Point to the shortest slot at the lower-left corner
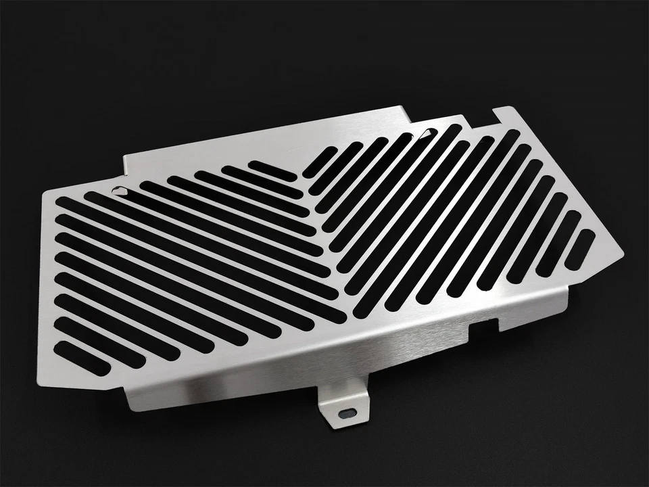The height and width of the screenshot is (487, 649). tap(81, 358)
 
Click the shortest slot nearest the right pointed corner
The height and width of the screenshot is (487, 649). tap(579, 249)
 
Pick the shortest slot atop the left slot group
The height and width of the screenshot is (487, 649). tap(272, 170)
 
